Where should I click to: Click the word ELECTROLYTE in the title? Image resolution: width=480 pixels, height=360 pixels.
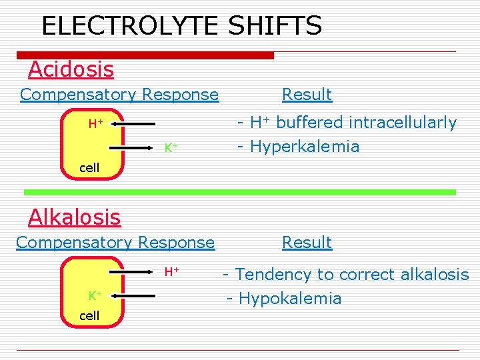click(x=131, y=26)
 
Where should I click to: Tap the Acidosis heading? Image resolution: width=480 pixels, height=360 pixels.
click(x=71, y=69)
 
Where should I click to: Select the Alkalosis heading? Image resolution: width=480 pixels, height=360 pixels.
click(x=74, y=217)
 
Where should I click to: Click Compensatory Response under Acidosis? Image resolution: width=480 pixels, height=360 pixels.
click(x=119, y=95)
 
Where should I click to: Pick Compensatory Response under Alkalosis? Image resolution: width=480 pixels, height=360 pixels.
click(x=115, y=243)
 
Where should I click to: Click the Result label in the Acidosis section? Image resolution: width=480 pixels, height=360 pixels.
click(x=307, y=95)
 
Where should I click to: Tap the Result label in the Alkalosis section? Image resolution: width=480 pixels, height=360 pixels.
click(x=307, y=243)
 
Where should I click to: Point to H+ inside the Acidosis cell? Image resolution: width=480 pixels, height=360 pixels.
click(x=96, y=123)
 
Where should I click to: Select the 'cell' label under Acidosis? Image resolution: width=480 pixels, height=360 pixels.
click(x=89, y=167)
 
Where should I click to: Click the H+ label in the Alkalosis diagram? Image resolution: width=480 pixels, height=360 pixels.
click(x=172, y=271)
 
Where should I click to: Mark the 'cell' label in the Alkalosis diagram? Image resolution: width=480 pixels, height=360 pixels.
click(x=89, y=315)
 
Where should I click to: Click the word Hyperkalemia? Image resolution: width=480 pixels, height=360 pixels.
click(x=303, y=147)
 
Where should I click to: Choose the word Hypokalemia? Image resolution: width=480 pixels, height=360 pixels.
click(x=290, y=299)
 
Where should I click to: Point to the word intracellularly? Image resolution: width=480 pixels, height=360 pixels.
click(x=399, y=123)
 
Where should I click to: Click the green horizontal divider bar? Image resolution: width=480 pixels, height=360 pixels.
click(x=240, y=192)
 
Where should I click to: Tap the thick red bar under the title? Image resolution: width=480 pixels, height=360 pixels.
click(x=145, y=55)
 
